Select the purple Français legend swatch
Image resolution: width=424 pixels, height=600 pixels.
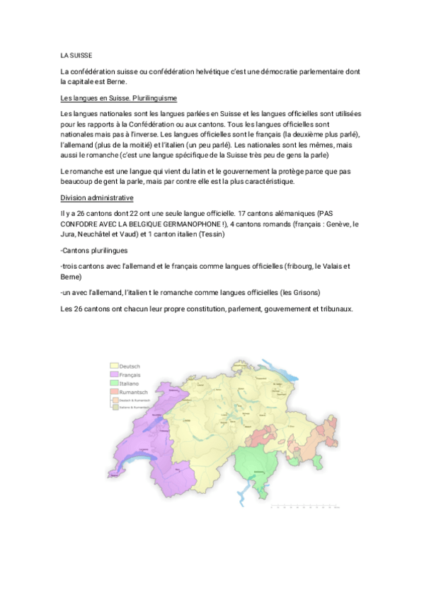point(114,374)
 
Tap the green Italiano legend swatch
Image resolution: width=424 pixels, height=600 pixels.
point(114,383)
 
